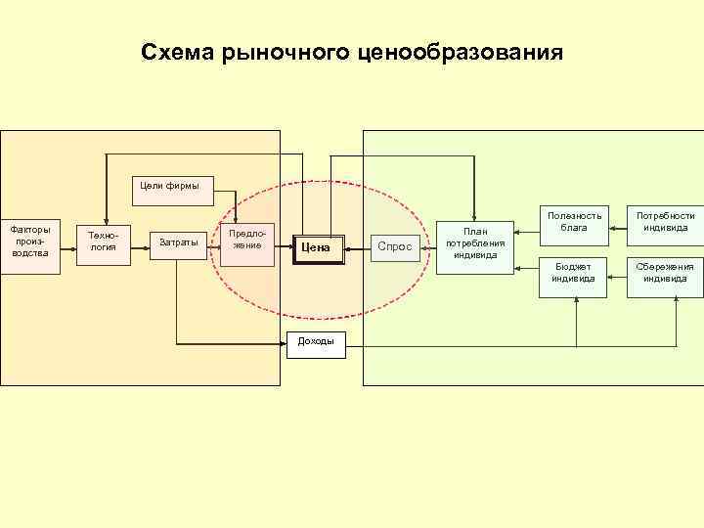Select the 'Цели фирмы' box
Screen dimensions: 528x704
171,188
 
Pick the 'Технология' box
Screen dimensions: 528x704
103,242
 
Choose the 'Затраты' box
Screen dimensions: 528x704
179,242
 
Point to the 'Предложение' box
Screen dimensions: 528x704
246,240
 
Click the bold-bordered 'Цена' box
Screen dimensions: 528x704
320,248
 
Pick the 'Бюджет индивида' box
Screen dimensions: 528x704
574,276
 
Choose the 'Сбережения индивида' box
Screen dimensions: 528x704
665,276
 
